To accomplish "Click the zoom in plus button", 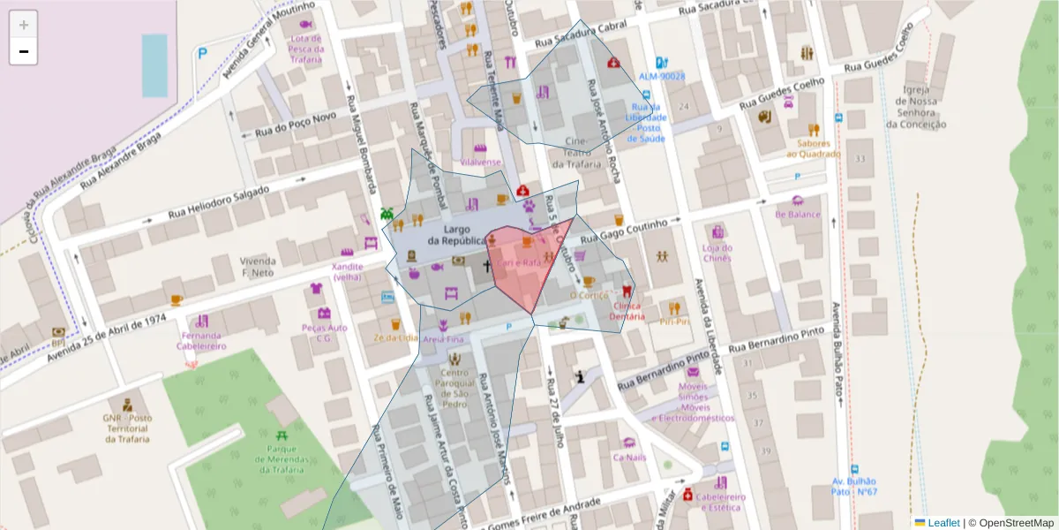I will tap(24, 25).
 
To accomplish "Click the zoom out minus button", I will tap(24, 52).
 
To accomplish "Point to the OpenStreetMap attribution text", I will tap(1017, 523).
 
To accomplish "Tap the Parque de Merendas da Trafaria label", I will tap(280, 459).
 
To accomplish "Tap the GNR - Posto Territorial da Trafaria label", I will tap(126, 428).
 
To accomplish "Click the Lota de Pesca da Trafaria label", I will tap(306, 49).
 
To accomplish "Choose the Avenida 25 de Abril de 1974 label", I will tap(107, 331).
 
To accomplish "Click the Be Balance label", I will tap(798, 214).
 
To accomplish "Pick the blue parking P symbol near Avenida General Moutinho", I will tap(202, 54).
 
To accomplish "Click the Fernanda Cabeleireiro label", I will tap(203, 341).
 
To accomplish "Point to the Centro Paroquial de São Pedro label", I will tap(454, 389).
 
